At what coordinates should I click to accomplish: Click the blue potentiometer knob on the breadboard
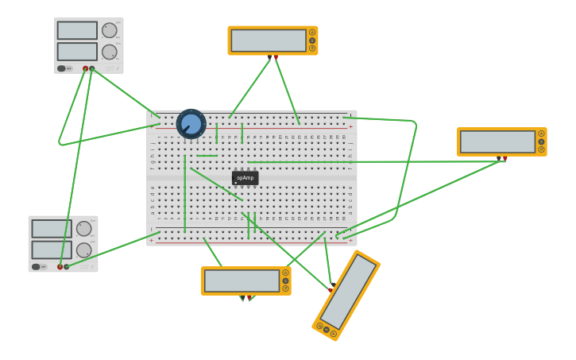191,124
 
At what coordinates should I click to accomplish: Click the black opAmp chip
245,178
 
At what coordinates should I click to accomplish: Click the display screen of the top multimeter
268,41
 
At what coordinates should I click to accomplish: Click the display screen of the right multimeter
497,142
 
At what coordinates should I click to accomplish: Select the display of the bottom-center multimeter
242,281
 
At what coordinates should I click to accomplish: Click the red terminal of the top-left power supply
85,68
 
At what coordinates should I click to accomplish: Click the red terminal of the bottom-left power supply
60,267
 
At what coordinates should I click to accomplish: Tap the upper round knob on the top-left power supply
109,31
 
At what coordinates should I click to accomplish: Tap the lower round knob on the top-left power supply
109,52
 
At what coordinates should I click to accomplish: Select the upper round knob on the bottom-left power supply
83,229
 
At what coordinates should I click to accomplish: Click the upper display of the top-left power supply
77,30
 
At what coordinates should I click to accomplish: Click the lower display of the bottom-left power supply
52,250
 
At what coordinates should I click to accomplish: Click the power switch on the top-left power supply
61,68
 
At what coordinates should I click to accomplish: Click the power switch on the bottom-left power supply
36,267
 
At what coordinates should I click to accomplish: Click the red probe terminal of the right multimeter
504,158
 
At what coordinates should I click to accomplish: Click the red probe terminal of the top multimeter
276,57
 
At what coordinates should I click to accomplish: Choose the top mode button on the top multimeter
312,33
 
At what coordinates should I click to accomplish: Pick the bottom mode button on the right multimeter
541,149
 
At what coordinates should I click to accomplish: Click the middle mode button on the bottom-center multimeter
285,281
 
